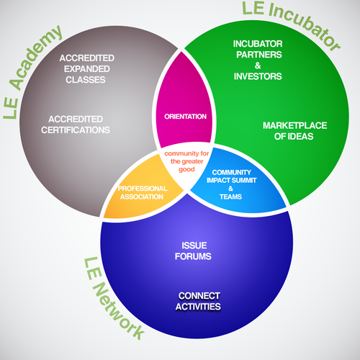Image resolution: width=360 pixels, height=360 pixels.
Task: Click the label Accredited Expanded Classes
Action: [x=86, y=69]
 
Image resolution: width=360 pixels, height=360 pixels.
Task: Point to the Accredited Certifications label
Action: [x=76, y=125]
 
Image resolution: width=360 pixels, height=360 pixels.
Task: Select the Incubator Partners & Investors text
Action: [x=258, y=60]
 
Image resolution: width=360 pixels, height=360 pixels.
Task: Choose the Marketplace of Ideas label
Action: [x=294, y=131]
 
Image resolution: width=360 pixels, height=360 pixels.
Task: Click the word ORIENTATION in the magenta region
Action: [x=185, y=117]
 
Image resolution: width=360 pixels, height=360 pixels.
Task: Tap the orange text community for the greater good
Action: [x=186, y=161]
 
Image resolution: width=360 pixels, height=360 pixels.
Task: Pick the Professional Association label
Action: [x=143, y=192]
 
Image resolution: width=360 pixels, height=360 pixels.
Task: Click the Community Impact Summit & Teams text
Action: [x=231, y=184]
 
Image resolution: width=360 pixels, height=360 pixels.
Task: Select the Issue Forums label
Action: [x=193, y=251]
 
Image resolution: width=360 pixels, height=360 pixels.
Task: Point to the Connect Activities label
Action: [x=198, y=301]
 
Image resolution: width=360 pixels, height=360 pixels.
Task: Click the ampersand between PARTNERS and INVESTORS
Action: [x=258, y=66]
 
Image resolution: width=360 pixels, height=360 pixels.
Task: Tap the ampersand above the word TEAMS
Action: [x=230, y=189]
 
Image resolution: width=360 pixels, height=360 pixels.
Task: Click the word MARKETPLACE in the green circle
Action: [x=294, y=125]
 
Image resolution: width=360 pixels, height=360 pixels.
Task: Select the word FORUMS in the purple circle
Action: [x=193, y=256]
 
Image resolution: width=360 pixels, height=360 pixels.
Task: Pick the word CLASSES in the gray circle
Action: [x=86, y=80]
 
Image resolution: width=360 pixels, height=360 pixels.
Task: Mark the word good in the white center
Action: [x=186, y=169]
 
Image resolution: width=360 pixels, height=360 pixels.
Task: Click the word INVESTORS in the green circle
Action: [x=258, y=76]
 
